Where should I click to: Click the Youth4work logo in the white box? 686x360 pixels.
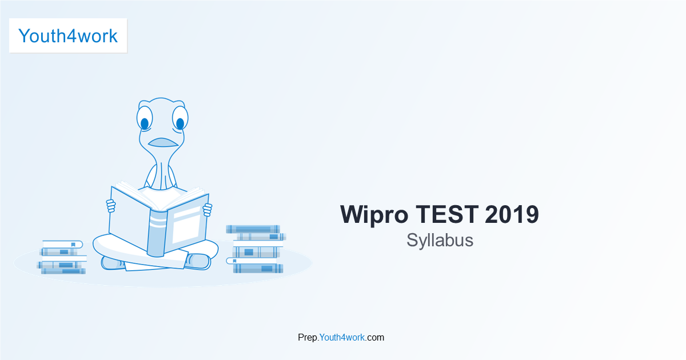click(x=68, y=36)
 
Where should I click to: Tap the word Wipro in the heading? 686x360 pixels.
click(x=374, y=215)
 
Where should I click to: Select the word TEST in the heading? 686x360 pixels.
click(x=447, y=214)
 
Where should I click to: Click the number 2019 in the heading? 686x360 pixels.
click(x=512, y=214)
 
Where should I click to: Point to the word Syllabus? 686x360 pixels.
click(x=440, y=241)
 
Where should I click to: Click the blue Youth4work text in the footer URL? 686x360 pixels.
click(x=342, y=337)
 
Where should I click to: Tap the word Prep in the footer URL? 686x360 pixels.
click(x=308, y=338)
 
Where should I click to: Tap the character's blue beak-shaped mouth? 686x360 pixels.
click(x=163, y=142)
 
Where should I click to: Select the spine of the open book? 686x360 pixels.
click(x=157, y=233)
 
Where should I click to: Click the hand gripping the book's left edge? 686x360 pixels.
click(x=110, y=206)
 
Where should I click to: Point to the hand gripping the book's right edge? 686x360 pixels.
click(x=208, y=210)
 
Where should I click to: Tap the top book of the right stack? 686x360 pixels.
click(x=253, y=229)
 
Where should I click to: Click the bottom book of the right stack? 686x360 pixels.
click(x=258, y=269)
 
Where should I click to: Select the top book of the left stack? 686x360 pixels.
click(x=62, y=245)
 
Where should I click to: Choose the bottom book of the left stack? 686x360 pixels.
click(x=63, y=271)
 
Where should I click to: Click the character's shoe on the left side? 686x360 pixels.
click(x=113, y=263)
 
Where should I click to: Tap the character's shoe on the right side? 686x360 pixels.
click(x=198, y=262)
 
